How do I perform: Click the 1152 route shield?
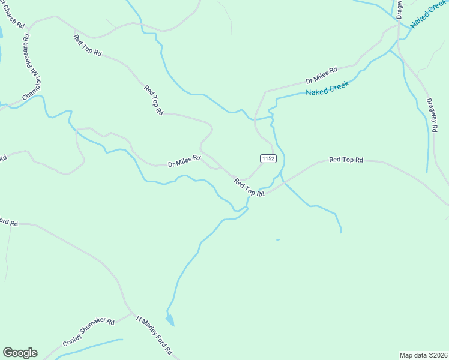click(268, 158)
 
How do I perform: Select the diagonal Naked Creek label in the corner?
click(429, 13)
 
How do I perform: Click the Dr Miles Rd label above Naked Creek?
click(321, 75)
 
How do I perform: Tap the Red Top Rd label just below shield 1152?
click(249, 188)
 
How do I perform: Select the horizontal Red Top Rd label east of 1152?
click(346, 160)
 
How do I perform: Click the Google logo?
click(20, 353)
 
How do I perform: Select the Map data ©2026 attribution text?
click(424, 355)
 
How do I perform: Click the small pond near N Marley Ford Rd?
click(170, 320)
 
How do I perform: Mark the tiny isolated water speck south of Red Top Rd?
click(277, 240)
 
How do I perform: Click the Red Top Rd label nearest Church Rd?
click(88, 46)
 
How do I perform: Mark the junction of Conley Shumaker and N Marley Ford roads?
click(131, 314)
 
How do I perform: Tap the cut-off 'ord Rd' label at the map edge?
click(8, 223)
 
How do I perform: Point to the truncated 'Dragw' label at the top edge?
click(399, 8)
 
